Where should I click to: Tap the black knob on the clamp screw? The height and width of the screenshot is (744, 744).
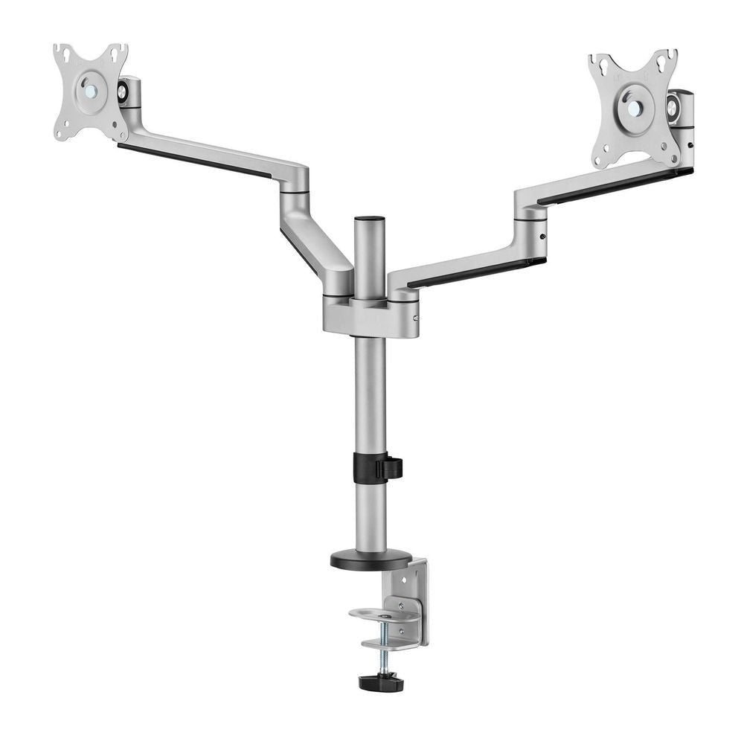click(381, 682)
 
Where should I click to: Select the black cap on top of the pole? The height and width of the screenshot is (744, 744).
click(370, 221)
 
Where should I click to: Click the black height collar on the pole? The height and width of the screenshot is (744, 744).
click(370, 468)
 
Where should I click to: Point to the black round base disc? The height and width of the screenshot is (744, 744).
click(371, 559)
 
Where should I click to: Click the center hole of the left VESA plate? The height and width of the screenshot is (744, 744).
click(91, 92)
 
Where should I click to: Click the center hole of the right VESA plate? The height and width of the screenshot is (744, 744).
click(634, 108)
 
